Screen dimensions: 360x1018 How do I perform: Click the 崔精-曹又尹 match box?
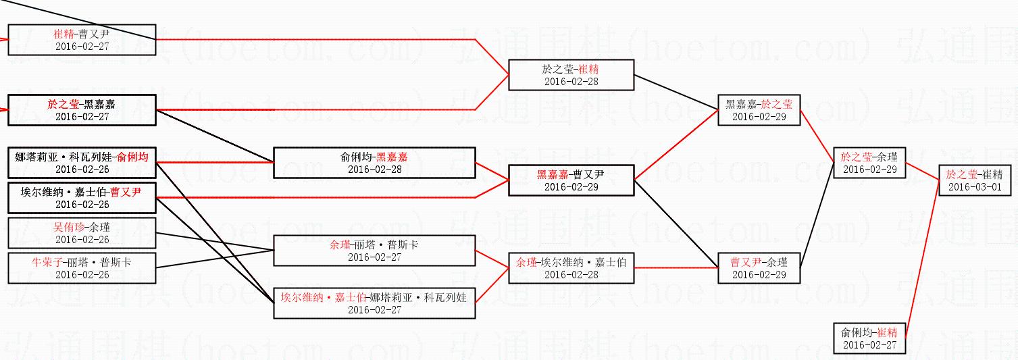(82, 40)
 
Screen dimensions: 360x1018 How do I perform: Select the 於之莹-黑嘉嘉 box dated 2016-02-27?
(82, 110)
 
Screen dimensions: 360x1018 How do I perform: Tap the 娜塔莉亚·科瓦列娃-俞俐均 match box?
(82, 163)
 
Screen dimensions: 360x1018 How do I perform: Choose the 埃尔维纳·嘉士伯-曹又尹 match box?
(82, 198)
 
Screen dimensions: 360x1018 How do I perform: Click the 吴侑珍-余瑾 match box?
(82, 233)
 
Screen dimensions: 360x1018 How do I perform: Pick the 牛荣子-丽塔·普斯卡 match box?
(82, 268)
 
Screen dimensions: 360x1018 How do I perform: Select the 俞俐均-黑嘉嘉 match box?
(374, 163)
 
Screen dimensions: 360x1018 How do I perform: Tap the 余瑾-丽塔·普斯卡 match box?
(374, 251)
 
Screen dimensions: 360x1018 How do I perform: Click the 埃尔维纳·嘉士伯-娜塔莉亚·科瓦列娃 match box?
(374, 303)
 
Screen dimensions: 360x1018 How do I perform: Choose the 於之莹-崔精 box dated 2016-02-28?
(571, 75)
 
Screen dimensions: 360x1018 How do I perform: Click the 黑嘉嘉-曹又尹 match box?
(571, 180)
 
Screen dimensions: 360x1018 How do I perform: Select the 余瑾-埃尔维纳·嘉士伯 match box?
(571, 268)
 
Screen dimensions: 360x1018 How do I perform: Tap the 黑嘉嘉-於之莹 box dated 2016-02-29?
(759, 110)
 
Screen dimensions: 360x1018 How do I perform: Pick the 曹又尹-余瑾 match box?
(759, 268)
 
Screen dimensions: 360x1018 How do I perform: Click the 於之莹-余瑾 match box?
(869, 163)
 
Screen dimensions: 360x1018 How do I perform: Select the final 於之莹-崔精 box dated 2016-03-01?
(974, 180)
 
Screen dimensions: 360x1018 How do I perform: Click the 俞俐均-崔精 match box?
(869, 338)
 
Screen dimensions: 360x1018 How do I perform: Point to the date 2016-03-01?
(974, 187)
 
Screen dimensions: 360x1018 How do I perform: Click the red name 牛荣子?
(45, 261)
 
